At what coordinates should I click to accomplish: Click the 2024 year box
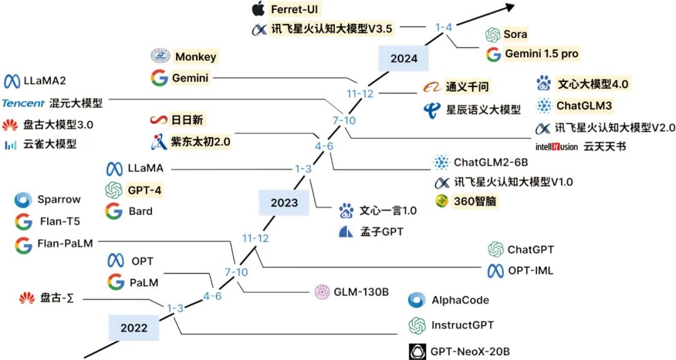click(x=404, y=59)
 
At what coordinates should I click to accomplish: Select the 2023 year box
click(x=284, y=202)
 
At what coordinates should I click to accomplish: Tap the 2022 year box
click(x=134, y=327)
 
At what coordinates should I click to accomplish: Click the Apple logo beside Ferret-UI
click(x=259, y=9)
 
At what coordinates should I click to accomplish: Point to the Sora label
click(x=515, y=34)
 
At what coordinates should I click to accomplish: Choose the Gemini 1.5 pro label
click(x=541, y=53)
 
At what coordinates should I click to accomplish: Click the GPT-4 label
click(x=145, y=190)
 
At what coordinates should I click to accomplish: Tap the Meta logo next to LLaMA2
click(x=12, y=81)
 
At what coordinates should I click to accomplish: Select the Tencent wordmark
click(x=23, y=103)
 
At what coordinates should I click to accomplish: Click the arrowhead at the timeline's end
click(x=510, y=7)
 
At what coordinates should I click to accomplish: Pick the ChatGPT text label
click(x=530, y=250)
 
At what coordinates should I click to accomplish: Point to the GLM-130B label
click(x=361, y=292)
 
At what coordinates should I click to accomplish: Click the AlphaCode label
click(x=461, y=300)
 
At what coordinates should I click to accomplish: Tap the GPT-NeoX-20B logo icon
click(x=417, y=351)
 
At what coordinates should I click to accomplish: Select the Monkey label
click(x=196, y=56)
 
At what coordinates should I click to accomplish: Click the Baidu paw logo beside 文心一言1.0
click(x=346, y=210)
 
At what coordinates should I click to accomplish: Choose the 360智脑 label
click(x=474, y=201)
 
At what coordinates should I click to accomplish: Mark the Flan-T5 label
click(x=60, y=221)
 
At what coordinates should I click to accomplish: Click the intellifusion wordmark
click(x=556, y=147)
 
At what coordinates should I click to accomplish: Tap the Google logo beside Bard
click(x=114, y=211)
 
